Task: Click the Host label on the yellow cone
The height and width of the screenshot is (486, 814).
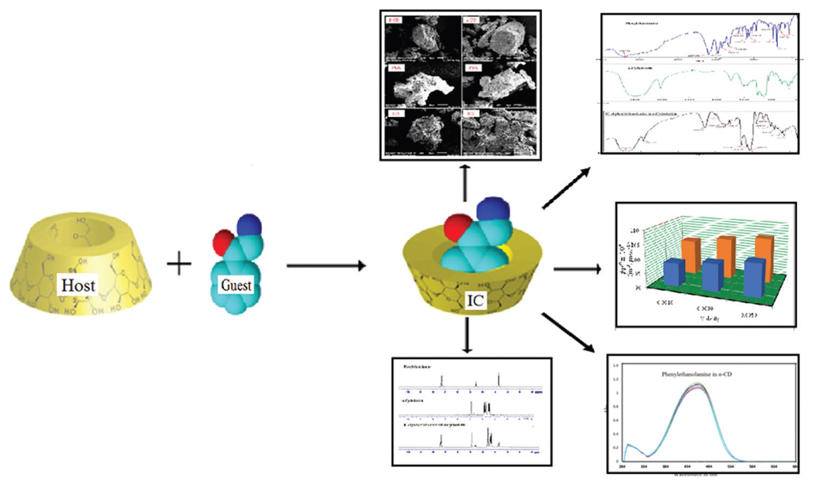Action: pyautogui.click(x=79, y=285)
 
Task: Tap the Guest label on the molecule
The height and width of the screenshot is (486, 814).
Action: pyautogui.click(x=236, y=285)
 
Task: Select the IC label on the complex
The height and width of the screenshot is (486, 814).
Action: pyautogui.click(x=475, y=301)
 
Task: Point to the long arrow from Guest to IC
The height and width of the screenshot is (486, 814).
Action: pyautogui.click(x=326, y=266)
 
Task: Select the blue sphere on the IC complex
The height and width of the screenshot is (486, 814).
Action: pyautogui.click(x=493, y=210)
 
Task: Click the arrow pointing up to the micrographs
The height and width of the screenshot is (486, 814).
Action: pyautogui.click(x=466, y=176)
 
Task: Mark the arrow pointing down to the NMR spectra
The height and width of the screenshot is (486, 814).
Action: pyautogui.click(x=467, y=336)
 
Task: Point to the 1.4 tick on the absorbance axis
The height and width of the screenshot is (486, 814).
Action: pyautogui.click(x=615, y=366)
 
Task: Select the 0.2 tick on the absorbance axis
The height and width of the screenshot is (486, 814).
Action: pyautogui.click(x=615, y=447)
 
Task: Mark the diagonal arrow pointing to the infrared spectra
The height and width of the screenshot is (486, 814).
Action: pyautogui.click(x=565, y=188)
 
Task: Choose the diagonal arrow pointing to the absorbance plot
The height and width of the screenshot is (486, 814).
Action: pyautogui.click(x=568, y=332)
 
